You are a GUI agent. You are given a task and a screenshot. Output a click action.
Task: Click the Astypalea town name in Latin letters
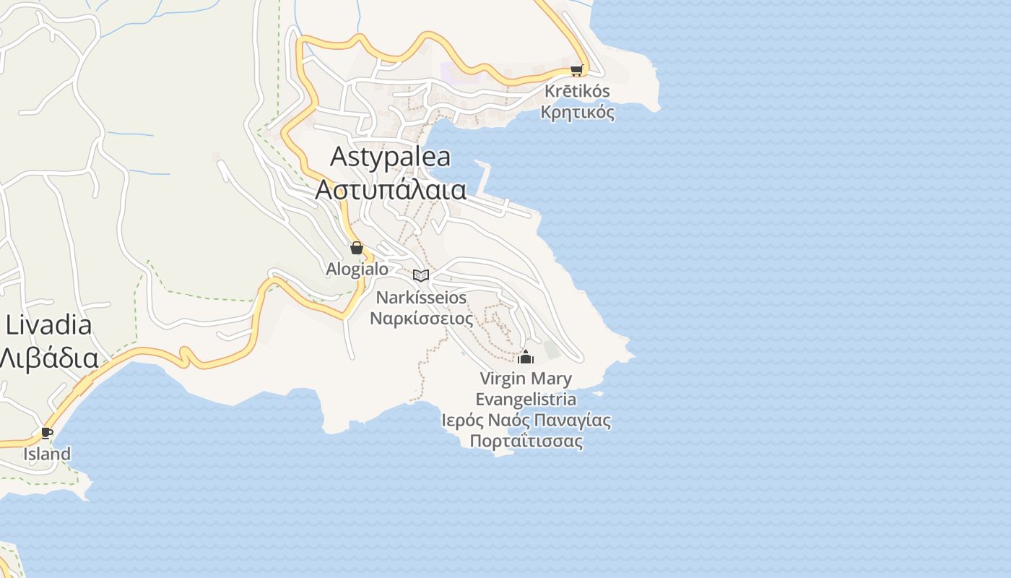coord(390,157)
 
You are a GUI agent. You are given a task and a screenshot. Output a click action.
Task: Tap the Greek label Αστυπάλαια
coord(391,189)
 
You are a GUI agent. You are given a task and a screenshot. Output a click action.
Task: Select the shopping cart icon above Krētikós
coord(576,70)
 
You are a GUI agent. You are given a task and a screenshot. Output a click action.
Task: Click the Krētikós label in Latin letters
coord(577,92)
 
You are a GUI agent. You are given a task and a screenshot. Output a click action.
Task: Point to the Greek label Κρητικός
coord(577,112)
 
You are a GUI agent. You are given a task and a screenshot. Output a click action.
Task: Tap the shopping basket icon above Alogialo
coord(356,249)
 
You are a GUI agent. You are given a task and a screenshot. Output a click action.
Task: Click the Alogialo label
coord(357,269)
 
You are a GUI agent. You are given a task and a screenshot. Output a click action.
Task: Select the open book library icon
coord(421,275)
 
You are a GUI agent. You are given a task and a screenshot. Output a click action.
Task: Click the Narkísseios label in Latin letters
coord(421,298)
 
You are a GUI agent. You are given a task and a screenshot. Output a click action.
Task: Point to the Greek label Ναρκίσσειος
coord(421,318)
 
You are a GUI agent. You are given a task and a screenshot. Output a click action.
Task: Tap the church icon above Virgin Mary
coord(526,357)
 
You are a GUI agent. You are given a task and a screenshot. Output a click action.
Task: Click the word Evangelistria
coord(526,399)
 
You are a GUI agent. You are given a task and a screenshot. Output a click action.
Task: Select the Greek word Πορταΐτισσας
coord(526,441)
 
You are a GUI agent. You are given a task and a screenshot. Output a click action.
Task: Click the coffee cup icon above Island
coord(47,433)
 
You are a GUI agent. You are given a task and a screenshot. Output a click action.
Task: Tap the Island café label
coord(47,454)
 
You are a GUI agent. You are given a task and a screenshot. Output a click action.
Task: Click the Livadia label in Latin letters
coord(49,325)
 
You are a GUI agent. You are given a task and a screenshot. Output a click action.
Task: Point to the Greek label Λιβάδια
coord(49,358)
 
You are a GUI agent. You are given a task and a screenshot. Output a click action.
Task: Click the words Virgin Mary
coord(526,379)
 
